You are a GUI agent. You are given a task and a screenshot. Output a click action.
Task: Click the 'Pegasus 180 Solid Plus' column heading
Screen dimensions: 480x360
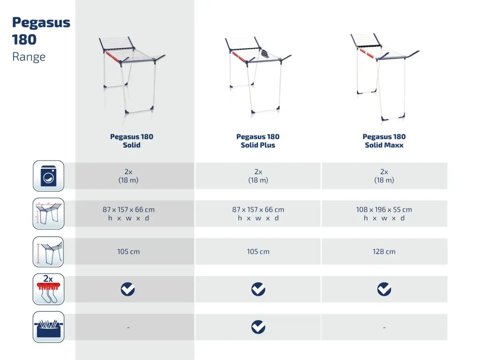[258, 141]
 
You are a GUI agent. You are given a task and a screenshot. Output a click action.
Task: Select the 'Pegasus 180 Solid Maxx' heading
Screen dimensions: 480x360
[384, 141]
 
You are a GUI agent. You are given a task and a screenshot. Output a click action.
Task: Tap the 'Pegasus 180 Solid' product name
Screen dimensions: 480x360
[132, 141]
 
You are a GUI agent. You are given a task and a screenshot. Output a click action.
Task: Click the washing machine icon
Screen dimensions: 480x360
[48, 176]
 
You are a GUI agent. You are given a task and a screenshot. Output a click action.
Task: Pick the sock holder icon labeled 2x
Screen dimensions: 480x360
[48, 289]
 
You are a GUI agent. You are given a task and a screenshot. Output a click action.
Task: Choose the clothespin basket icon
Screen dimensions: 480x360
[48, 327]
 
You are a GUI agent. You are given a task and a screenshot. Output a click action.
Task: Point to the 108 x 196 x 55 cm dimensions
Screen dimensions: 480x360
[384, 209]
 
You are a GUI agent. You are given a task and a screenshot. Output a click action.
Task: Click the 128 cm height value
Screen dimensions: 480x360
[384, 251]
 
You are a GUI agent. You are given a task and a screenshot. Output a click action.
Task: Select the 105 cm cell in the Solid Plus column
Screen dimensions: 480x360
[258, 251]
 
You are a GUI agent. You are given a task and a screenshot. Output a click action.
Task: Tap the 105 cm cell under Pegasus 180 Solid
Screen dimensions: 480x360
[128, 251]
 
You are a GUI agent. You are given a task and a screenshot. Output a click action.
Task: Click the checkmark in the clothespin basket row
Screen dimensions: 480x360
[258, 327]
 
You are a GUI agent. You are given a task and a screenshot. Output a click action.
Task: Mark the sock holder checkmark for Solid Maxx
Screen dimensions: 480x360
[384, 289]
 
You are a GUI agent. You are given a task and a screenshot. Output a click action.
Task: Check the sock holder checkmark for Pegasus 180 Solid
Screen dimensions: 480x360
[128, 289]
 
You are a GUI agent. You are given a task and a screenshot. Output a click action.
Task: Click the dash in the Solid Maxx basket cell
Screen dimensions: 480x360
[384, 328]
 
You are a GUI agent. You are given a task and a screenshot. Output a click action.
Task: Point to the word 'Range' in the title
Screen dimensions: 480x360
[29, 57]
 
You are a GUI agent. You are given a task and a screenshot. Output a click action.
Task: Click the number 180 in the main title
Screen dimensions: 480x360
[24, 40]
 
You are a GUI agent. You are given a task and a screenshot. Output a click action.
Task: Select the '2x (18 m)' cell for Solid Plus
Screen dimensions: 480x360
[258, 176]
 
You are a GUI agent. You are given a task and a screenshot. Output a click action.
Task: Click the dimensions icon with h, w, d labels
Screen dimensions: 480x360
[48, 214]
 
